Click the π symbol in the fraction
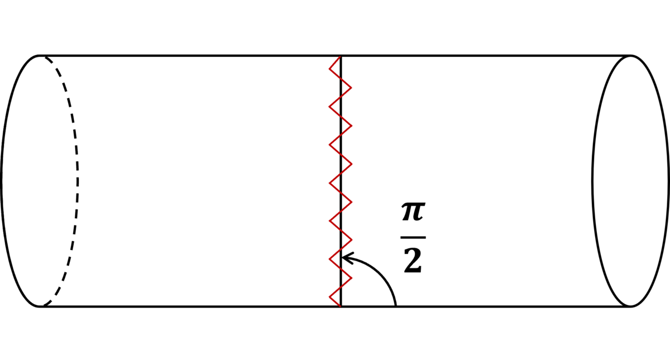tap(413, 212)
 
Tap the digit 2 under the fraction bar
tap(413, 261)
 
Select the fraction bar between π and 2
tap(413, 237)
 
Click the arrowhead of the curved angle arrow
tap(347, 258)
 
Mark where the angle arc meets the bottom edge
tap(396, 306)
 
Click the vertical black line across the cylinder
tap(341, 181)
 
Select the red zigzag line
tap(341, 181)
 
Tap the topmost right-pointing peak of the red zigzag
tap(351, 88)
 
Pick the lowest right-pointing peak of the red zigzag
tap(351, 278)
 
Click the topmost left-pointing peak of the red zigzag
tap(329, 69)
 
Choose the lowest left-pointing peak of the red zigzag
tap(329, 297)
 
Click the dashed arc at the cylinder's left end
tap(78, 181)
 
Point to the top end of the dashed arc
tap(45, 57)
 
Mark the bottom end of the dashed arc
tap(44, 306)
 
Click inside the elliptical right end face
tap(630, 181)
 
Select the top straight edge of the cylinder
tap(334, 56)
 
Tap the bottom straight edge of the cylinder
tap(334, 306)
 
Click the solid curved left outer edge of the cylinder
tap(1, 181)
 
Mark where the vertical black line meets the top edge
tap(341, 56)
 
